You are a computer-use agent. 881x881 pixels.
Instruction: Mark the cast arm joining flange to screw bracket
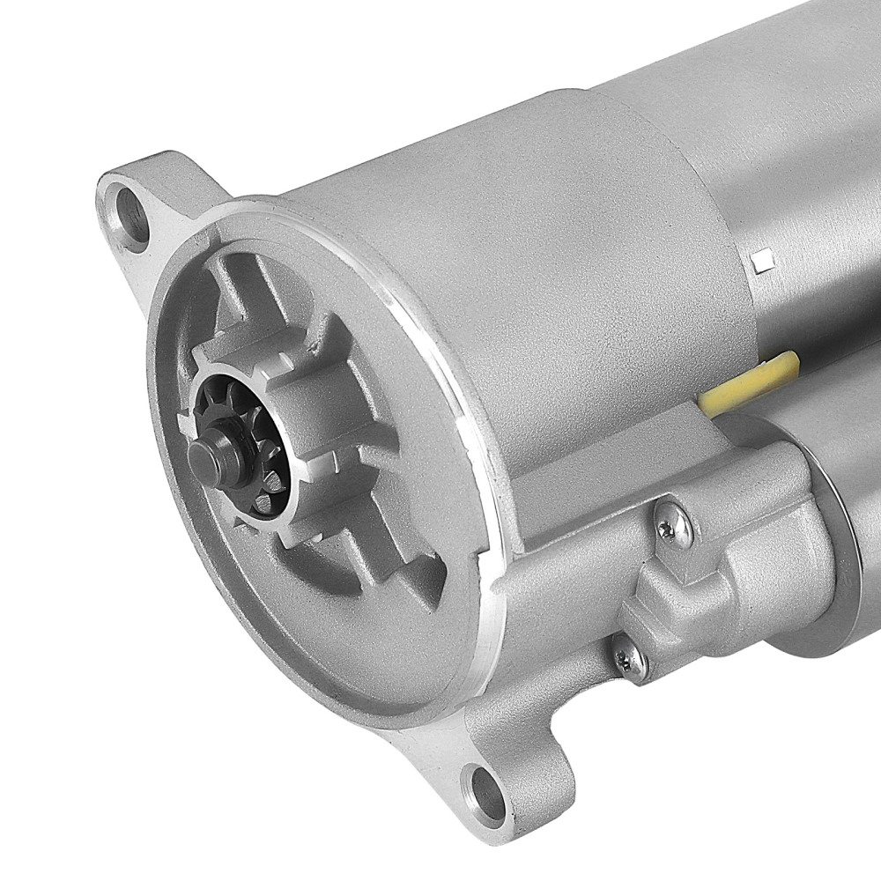click(564, 564)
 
